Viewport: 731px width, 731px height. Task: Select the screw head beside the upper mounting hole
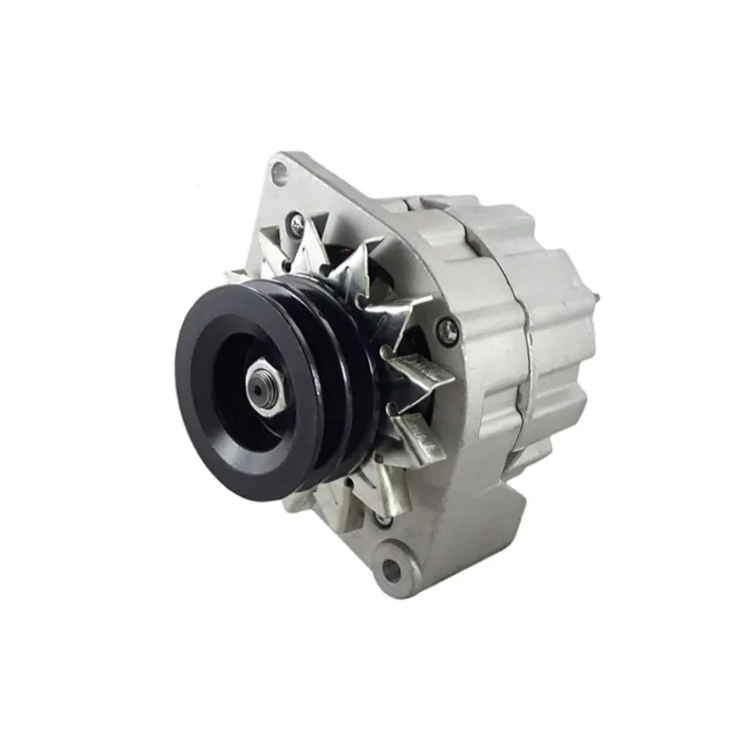pyautogui.click(x=294, y=220)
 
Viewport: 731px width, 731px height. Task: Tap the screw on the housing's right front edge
pyautogui.click(x=447, y=331)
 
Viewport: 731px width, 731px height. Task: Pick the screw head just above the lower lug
pyautogui.click(x=384, y=518)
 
